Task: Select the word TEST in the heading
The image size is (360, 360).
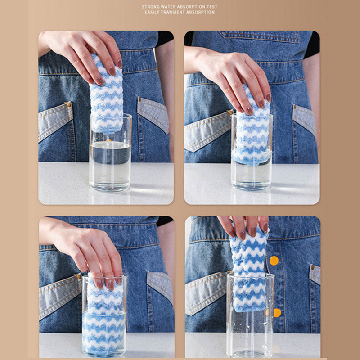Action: [212, 7]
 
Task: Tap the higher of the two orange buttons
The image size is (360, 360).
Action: [274, 261]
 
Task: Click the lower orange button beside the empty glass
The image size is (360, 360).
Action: [277, 313]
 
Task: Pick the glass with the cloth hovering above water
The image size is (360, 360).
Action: [110, 153]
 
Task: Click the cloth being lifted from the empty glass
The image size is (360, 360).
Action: [249, 269]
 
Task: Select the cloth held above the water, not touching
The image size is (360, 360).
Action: [107, 94]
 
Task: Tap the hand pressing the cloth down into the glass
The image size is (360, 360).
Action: [85, 250]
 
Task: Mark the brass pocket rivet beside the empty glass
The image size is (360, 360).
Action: [312, 267]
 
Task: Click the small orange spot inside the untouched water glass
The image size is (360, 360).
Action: [108, 140]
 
